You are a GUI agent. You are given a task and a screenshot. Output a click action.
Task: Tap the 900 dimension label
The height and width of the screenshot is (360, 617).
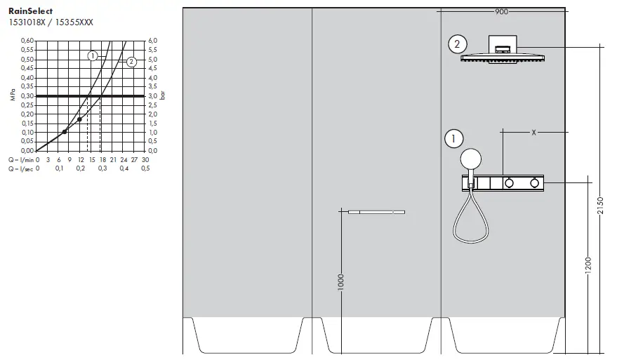pos(501,12)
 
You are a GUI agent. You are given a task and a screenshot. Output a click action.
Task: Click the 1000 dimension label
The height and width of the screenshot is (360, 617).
pos(340,283)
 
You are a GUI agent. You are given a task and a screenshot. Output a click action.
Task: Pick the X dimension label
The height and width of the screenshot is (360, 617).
pos(533,131)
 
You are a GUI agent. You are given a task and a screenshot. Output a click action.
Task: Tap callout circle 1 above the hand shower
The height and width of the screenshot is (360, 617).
pos(454,139)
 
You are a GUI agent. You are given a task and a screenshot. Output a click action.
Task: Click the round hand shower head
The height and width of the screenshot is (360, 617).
pos(472,159)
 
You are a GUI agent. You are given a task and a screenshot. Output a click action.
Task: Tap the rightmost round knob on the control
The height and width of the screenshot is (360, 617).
pos(535,183)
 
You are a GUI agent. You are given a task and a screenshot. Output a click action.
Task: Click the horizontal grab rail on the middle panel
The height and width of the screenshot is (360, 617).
pos(376,211)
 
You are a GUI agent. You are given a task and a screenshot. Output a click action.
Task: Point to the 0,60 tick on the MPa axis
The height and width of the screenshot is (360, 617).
pos(26,41)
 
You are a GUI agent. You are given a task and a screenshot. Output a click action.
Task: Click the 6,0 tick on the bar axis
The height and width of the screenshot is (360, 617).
pos(154,41)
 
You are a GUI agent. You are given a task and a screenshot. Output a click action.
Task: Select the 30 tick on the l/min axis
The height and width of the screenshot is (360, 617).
pos(145,159)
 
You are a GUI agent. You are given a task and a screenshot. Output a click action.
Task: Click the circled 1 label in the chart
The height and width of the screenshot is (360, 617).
pos(92,55)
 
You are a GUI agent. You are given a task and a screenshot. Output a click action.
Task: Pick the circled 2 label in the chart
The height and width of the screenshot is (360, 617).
pos(131,62)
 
